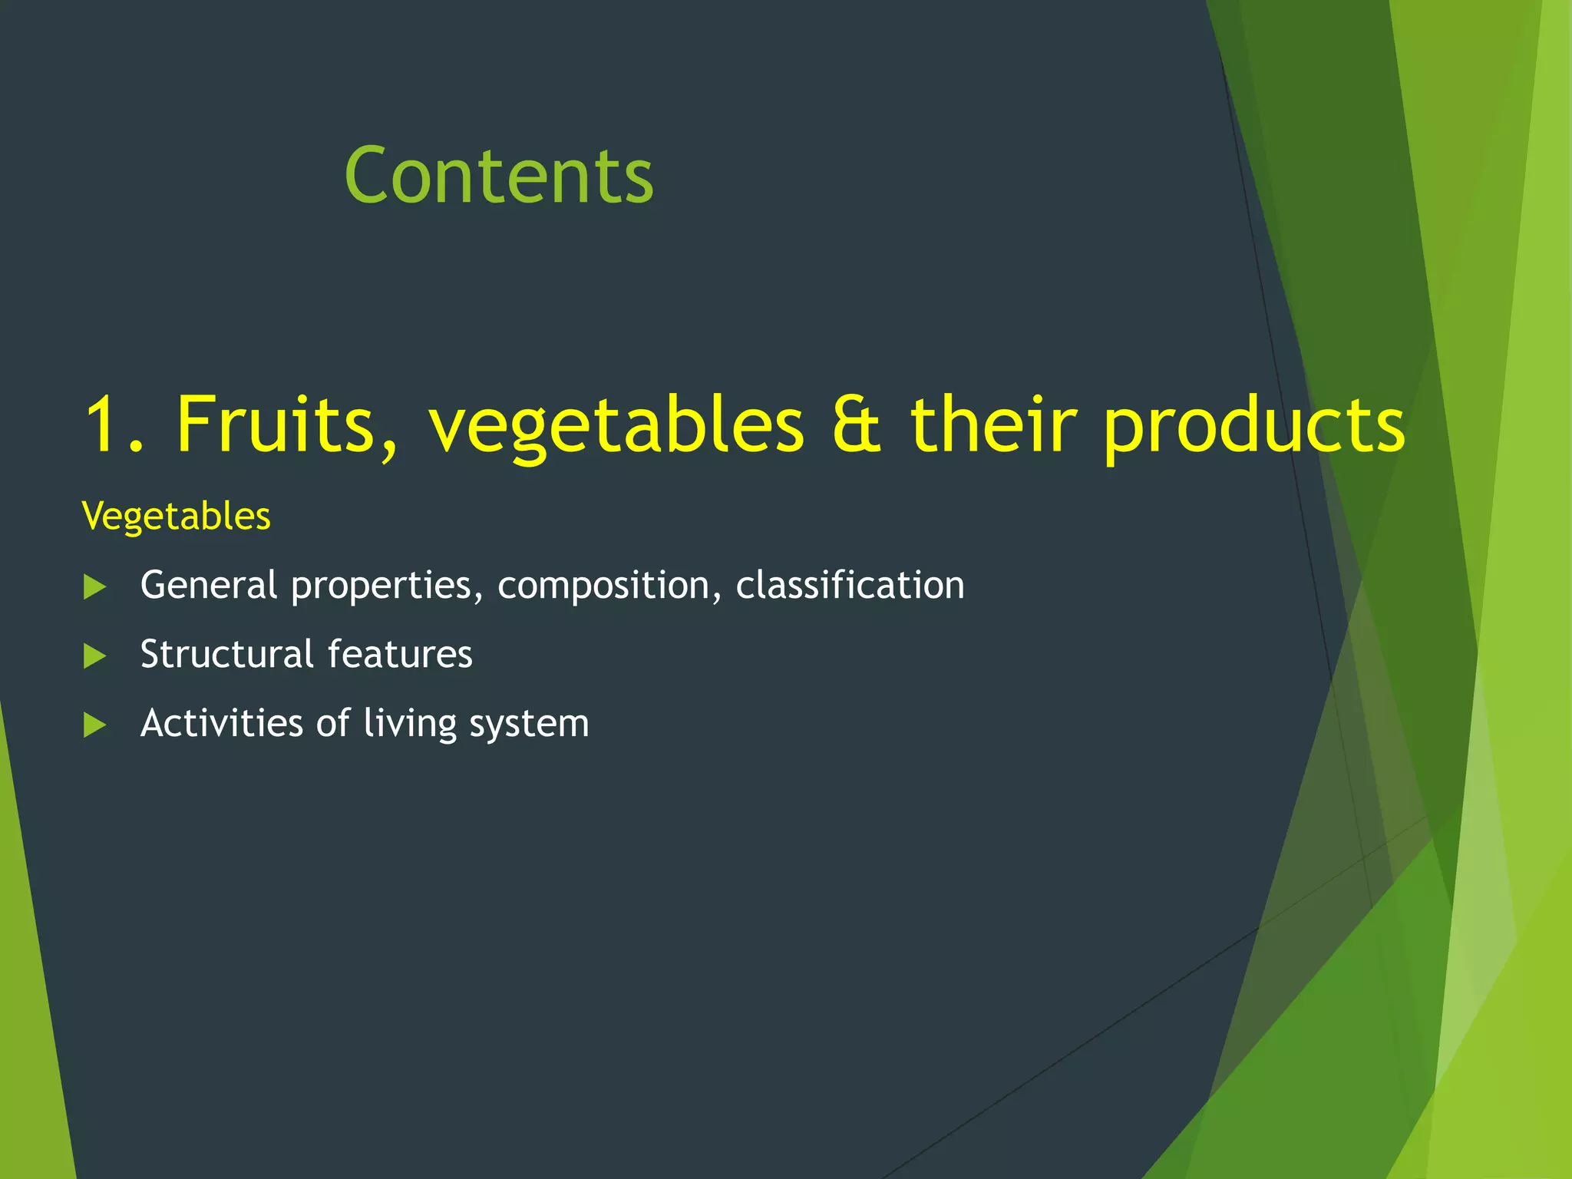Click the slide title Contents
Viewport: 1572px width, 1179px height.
click(x=499, y=176)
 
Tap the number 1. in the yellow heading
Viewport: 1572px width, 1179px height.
click(x=114, y=424)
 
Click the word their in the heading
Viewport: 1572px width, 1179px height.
click(x=994, y=424)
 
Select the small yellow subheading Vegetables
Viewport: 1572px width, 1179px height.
click(x=176, y=516)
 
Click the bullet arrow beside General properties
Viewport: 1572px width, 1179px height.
click(x=94, y=587)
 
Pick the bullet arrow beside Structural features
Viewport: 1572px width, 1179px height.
click(x=94, y=656)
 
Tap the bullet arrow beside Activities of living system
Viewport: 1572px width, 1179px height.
click(x=94, y=725)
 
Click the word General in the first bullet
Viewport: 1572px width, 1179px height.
click(x=208, y=585)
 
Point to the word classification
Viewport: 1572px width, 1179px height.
click(x=850, y=585)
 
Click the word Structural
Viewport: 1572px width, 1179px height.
click(x=227, y=654)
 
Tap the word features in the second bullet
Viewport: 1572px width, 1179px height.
click(x=400, y=654)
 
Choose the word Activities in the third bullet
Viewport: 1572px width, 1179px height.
click(x=222, y=723)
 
